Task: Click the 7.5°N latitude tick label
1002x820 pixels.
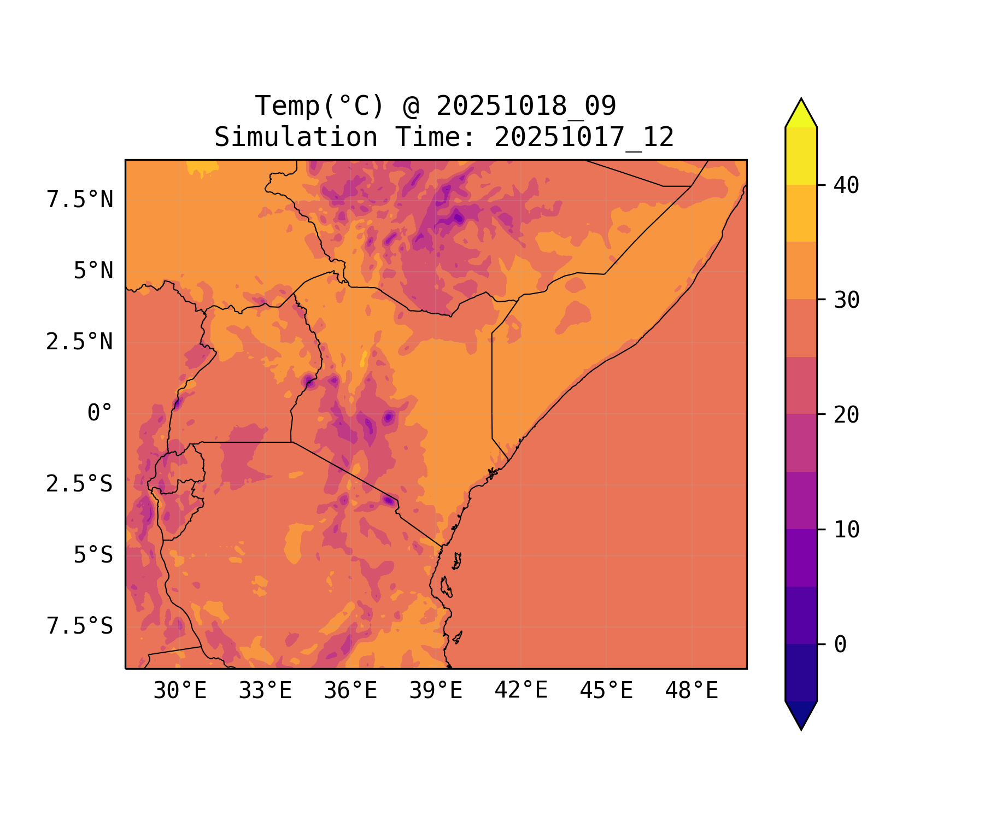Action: [80, 200]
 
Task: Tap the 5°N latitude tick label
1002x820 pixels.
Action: [93, 271]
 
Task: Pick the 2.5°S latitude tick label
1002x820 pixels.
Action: [80, 484]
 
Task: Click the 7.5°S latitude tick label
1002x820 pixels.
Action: [80, 626]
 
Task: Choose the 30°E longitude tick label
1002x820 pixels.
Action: [180, 691]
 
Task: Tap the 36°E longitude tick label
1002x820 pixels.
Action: [350, 691]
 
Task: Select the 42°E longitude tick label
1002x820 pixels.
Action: [521, 691]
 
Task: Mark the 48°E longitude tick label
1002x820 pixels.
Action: [692, 691]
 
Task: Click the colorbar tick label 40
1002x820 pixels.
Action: [847, 185]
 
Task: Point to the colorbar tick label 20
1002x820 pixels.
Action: [847, 415]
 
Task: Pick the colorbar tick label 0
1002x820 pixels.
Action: [840, 645]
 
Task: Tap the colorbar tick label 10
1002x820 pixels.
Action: [847, 530]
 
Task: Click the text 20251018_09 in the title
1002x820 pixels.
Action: [526, 106]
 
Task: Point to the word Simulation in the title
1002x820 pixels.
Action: [296, 137]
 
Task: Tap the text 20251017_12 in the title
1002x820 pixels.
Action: [584, 137]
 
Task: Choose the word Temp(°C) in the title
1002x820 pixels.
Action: [320, 106]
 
